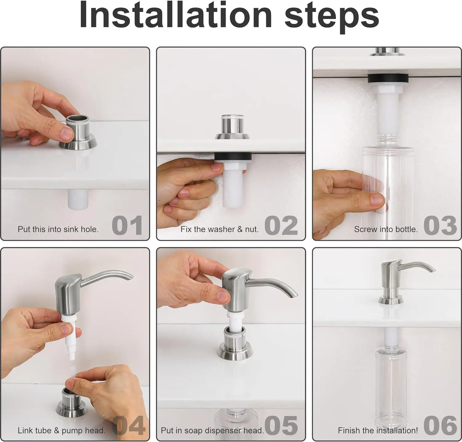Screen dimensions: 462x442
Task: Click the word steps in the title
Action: [332, 16]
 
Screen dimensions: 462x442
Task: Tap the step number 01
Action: [127, 225]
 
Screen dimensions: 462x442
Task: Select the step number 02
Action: [281, 225]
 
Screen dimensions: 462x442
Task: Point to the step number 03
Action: [440, 225]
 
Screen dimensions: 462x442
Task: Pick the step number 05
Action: [281, 426]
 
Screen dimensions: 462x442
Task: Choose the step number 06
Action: [440, 426]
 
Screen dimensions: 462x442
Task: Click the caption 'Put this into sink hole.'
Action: [58, 229]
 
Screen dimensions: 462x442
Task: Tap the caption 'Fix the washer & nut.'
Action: [220, 229]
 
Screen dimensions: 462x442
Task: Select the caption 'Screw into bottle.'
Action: [386, 229]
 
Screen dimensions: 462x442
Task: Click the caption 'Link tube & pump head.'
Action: [61, 430]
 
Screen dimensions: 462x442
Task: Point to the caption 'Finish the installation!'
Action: [378, 430]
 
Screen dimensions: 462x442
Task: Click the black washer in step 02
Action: [233, 157]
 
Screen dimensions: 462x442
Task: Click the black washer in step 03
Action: [389, 79]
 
